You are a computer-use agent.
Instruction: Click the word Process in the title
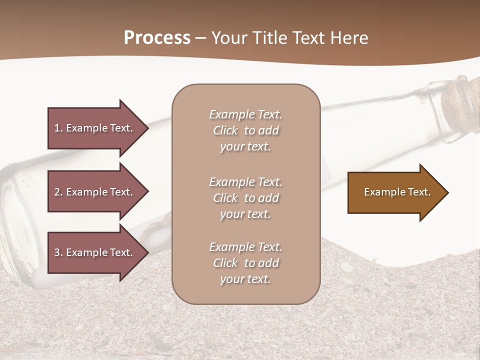tap(157, 38)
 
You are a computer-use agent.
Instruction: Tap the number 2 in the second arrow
tap(57, 192)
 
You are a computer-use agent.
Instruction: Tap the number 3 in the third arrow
tap(57, 252)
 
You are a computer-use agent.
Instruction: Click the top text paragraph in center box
tap(245, 130)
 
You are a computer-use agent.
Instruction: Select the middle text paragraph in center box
tap(245, 197)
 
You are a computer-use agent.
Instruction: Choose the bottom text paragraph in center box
tap(245, 263)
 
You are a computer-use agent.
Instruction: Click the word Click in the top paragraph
tap(225, 130)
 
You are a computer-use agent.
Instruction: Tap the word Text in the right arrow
tap(419, 192)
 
